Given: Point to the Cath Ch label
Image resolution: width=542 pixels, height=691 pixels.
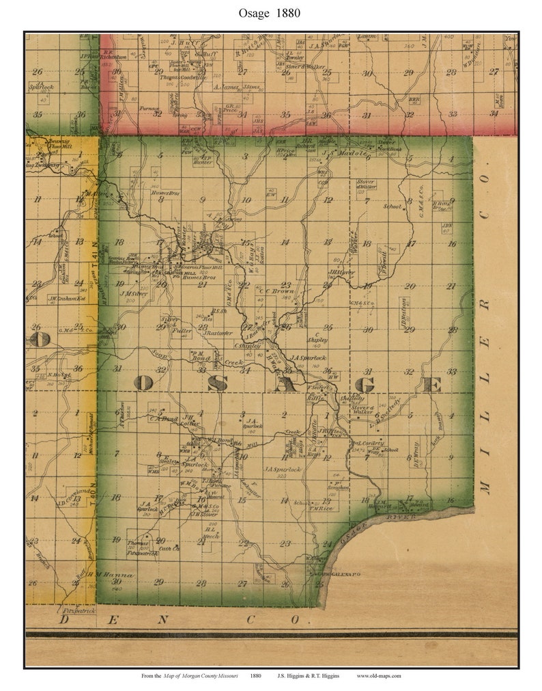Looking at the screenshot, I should pos(168,548).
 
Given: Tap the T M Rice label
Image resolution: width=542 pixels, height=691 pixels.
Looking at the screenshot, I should pos(321,508).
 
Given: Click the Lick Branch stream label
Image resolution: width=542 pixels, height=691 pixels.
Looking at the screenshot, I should pos(437,431).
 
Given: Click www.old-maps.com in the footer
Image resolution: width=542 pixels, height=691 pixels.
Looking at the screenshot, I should pos(378,675).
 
